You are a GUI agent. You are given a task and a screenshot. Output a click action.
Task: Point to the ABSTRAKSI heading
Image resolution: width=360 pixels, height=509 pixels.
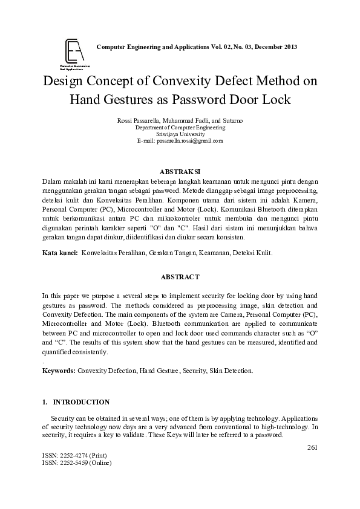(x=179, y=171)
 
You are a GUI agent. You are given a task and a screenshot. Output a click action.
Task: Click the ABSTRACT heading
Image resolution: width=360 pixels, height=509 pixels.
(x=179, y=276)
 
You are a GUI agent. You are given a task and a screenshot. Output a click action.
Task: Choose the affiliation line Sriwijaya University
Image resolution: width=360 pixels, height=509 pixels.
(x=180, y=134)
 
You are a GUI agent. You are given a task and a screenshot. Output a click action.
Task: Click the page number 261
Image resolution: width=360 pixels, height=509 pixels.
(x=312, y=448)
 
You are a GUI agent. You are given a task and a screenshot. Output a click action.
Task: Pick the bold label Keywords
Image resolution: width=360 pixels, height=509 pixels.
(x=59, y=370)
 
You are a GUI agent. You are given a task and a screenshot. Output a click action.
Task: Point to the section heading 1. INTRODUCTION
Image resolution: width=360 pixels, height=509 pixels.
(x=76, y=402)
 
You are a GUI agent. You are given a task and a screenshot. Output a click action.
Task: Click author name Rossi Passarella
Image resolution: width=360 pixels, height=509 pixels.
(x=139, y=121)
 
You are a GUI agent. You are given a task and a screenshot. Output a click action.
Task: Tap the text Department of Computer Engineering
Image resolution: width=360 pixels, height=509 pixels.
(x=180, y=128)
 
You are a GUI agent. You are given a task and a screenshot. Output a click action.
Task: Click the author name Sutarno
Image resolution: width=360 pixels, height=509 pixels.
(x=231, y=121)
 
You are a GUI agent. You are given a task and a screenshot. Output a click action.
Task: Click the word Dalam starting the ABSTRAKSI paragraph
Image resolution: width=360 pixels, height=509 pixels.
(x=53, y=181)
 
